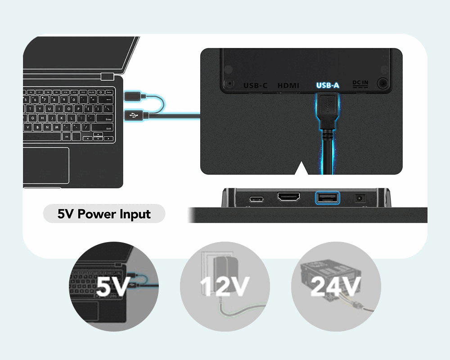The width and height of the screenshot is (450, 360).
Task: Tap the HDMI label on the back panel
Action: tap(288, 85)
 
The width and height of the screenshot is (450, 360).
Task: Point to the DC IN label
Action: tap(360, 83)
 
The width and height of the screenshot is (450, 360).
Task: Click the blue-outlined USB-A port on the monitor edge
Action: tap(328, 198)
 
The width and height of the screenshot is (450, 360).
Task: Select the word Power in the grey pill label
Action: tap(97, 214)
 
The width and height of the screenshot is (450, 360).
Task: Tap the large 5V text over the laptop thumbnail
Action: tap(113, 287)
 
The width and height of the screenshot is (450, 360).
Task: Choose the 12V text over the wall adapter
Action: tap(225, 287)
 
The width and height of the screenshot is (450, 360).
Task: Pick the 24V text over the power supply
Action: tap(336, 287)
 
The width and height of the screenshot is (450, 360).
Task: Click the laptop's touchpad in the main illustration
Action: tap(46, 165)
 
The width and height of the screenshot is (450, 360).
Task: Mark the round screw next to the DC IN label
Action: tap(383, 83)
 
